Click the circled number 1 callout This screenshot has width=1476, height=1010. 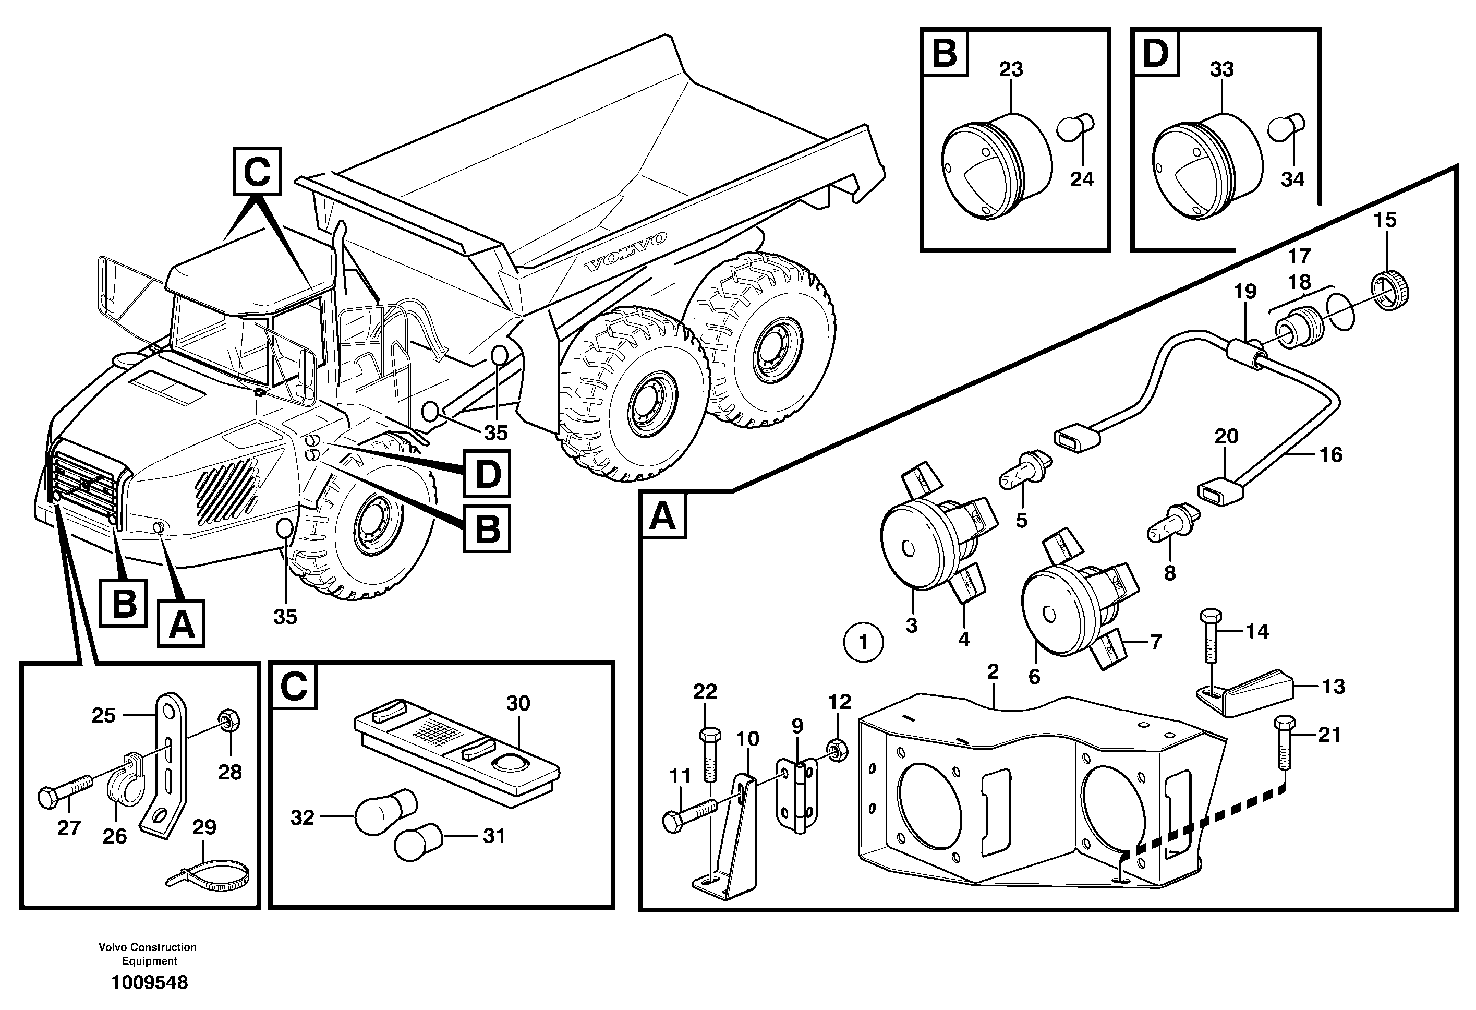[863, 643]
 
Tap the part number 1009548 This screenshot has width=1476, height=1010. [150, 983]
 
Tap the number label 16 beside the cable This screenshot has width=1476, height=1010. [1330, 454]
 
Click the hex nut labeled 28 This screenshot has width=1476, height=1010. [228, 720]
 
